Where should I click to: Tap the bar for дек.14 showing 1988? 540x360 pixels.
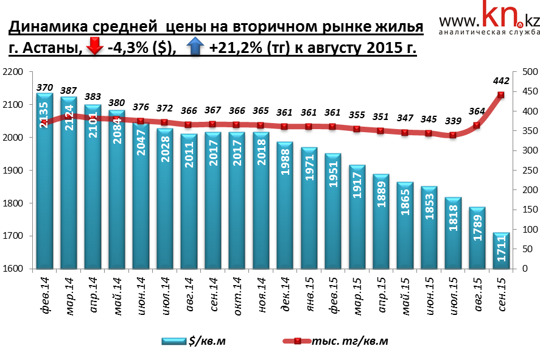pyautogui.click(x=284, y=207)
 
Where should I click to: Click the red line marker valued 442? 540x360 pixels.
pyautogui.click(x=501, y=95)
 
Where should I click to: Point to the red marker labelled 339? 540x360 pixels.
pyautogui.click(x=453, y=135)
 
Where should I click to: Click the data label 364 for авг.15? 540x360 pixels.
pyautogui.click(x=477, y=111)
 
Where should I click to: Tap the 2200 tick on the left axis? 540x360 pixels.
pyautogui.click(x=13, y=72)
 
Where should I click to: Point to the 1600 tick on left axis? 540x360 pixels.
pyautogui.click(x=13, y=269)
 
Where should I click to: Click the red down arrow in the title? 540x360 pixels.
pyautogui.click(x=95, y=47)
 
